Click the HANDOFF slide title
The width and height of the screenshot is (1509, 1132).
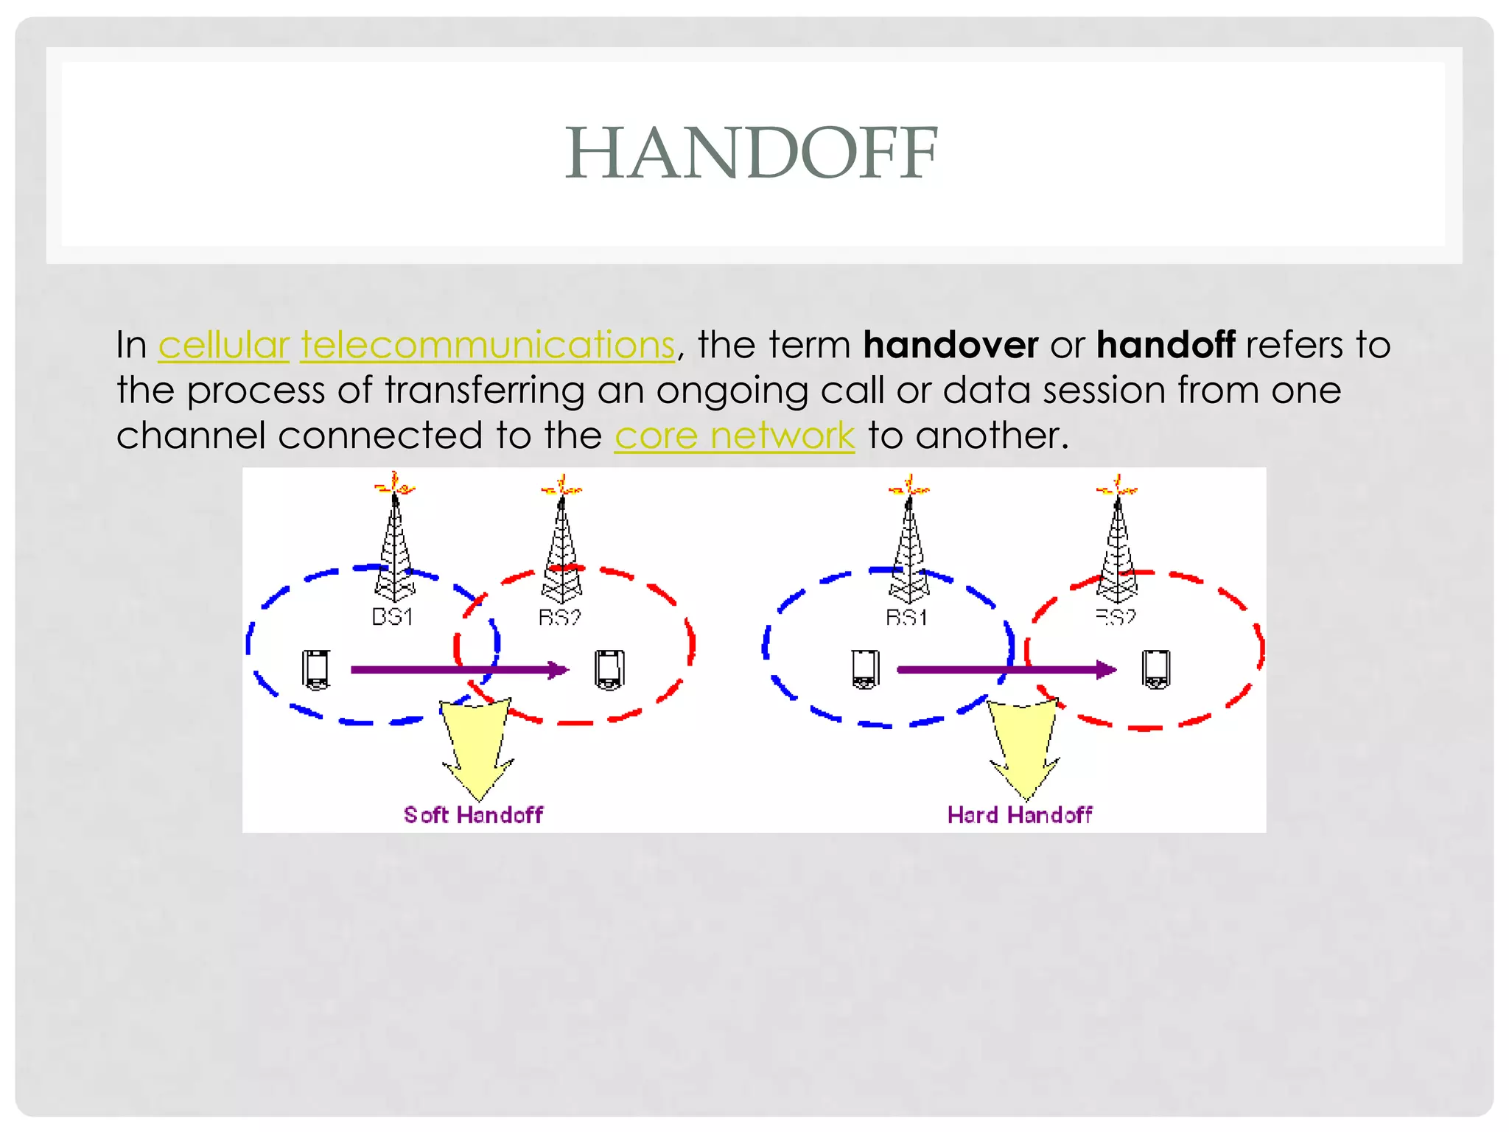click(x=752, y=153)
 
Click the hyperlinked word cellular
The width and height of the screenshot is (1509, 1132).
click(x=223, y=345)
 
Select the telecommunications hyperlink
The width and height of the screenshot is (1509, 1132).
click(x=487, y=345)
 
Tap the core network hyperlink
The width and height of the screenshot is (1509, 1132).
click(x=734, y=435)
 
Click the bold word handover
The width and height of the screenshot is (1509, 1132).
click(x=950, y=345)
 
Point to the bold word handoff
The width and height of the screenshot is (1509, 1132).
click(x=1165, y=345)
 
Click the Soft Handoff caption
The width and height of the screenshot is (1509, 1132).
click(x=473, y=814)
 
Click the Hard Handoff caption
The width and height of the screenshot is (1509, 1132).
click(x=1019, y=814)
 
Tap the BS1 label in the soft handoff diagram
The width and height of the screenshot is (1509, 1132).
click(x=391, y=616)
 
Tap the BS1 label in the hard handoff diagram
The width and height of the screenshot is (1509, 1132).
click(x=906, y=617)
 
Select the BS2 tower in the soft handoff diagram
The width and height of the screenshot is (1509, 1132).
click(x=561, y=545)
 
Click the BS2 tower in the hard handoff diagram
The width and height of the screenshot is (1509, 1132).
click(x=1117, y=545)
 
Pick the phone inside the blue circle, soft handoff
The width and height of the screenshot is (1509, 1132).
click(x=316, y=669)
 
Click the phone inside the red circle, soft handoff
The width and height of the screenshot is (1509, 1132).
click(x=609, y=669)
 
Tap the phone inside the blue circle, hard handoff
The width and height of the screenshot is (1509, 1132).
click(x=865, y=668)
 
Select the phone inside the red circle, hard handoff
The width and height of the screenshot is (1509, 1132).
click(x=1155, y=668)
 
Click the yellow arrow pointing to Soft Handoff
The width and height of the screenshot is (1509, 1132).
click(x=477, y=744)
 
